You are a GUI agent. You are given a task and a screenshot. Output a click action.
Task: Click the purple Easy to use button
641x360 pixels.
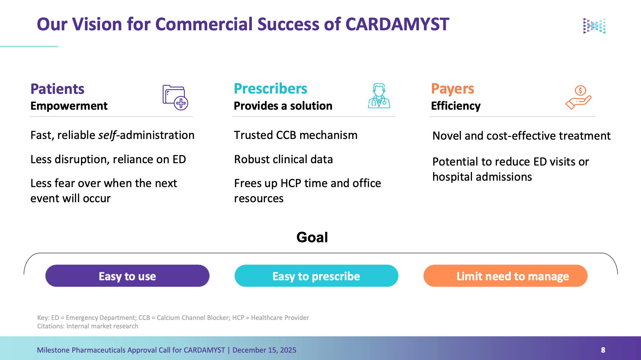click(127, 276)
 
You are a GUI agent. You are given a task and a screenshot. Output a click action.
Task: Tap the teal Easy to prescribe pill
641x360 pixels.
click(316, 276)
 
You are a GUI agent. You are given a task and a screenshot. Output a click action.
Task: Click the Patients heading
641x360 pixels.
click(57, 89)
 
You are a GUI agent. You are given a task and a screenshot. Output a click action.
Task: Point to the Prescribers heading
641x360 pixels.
click(270, 89)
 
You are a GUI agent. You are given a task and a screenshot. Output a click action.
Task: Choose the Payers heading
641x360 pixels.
click(452, 89)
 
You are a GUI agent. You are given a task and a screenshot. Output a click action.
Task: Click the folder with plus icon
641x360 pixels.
click(175, 98)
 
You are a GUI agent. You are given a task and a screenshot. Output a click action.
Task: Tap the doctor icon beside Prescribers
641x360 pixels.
click(379, 96)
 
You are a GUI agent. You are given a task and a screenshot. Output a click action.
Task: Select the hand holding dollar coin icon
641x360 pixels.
click(578, 97)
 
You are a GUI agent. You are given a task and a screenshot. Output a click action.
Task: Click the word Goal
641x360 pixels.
click(312, 238)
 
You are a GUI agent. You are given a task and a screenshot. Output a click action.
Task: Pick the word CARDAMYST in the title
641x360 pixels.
click(397, 25)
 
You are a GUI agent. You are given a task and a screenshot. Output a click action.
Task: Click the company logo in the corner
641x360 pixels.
click(594, 26)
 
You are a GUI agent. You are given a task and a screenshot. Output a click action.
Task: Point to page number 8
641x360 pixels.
click(603, 350)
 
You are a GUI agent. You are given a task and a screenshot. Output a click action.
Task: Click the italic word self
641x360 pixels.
click(107, 135)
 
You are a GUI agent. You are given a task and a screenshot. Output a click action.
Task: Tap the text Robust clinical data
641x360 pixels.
click(283, 159)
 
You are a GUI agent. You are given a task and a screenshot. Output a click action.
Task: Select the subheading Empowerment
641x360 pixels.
click(69, 106)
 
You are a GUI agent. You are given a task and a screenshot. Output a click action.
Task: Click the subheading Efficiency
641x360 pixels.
click(456, 106)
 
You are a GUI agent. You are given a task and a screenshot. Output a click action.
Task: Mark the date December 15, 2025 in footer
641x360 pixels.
click(264, 350)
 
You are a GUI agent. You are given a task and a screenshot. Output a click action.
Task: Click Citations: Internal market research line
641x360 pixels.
click(88, 326)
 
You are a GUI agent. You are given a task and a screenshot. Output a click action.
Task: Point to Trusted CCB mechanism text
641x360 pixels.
click(296, 135)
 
